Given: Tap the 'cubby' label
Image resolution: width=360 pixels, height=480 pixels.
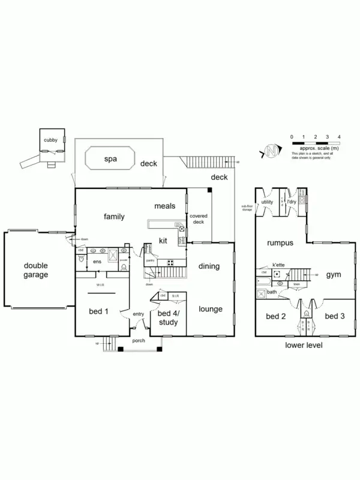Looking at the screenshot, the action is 50,140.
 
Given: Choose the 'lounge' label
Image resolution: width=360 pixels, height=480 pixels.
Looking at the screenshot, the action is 211,309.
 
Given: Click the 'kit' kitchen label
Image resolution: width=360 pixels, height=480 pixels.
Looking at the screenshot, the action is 163,241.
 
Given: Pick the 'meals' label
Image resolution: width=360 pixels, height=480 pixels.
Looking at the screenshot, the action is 165,206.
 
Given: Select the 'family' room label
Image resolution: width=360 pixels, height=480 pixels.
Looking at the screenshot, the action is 114,216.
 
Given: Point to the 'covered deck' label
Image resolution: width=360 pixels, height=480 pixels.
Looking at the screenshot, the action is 198,218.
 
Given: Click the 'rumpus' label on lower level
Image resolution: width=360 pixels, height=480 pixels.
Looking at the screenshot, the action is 280,243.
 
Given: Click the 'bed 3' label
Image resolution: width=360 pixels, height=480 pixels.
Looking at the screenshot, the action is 334,316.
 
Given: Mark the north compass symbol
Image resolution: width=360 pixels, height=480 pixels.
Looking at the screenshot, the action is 271,151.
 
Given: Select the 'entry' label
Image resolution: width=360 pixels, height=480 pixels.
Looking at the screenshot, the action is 139,314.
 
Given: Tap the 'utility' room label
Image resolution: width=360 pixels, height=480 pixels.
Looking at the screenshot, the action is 267,202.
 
